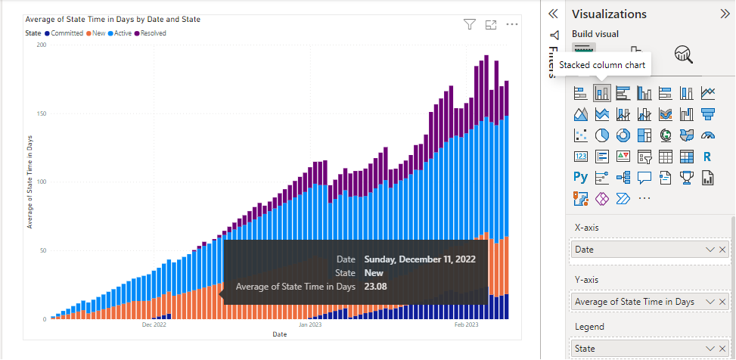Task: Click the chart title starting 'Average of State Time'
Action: [x=113, y=19]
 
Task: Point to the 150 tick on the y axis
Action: [x=41, y=113]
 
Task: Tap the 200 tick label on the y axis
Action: [x=41, y=45]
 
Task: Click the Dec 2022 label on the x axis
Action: [x=154, y=324]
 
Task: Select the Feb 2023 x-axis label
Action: [x=466, y=324]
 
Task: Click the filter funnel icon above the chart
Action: [x=469, y=25]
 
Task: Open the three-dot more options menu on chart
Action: [x=512, y=25]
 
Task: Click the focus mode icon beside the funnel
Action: [x=491, y=25]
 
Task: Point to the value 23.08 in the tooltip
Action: [x=376, y=287]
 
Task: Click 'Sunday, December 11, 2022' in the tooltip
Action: [x=419, y=259]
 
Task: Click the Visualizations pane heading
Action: [x=609, y=14]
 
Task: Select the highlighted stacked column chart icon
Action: [x=602, y=93]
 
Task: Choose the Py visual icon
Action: [x=581, y=178]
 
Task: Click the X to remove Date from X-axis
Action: [x=722, y=250]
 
